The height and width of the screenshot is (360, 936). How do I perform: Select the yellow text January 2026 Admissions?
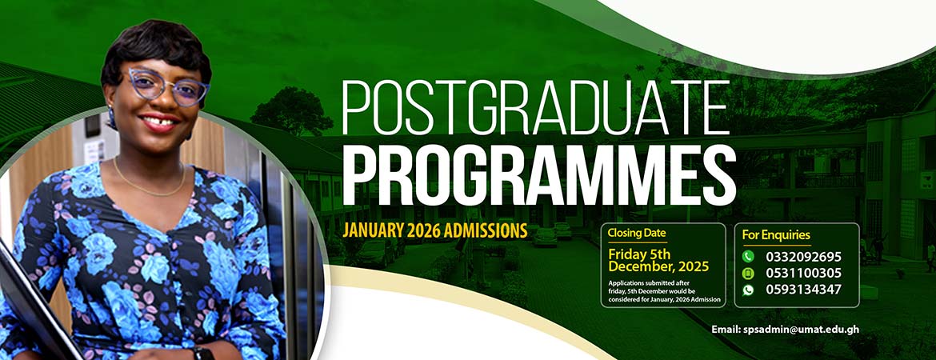click(x=434, y=230)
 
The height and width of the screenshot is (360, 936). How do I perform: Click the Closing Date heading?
click(x=637, y=233)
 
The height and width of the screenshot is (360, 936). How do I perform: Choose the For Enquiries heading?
click(x=776, y=234)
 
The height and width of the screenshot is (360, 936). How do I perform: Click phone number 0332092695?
click(x=803, y=258)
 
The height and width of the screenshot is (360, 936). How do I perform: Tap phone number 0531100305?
click(x=803, y=274)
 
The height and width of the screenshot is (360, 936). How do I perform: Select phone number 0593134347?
click(x=803, y=290)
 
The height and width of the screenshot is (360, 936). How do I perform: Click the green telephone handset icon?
click(x=748, y=257)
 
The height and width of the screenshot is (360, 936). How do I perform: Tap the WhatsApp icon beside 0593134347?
click(x=748, y=290)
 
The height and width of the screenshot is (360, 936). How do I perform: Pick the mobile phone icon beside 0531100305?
click(x=748, y=274)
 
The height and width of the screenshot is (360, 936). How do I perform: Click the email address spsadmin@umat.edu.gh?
click(x=785, y=330)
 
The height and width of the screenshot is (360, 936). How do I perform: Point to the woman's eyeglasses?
click(x=167, y=86)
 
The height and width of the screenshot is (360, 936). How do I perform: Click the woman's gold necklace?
click(x=150, y=179)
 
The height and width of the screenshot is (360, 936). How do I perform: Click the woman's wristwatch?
click(x=203, y=353)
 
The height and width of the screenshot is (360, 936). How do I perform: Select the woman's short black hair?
click(x=156, y=50)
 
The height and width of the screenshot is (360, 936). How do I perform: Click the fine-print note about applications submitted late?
click(x=664, y=290)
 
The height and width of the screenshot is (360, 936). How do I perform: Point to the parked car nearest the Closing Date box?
click(x=545, y=237)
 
